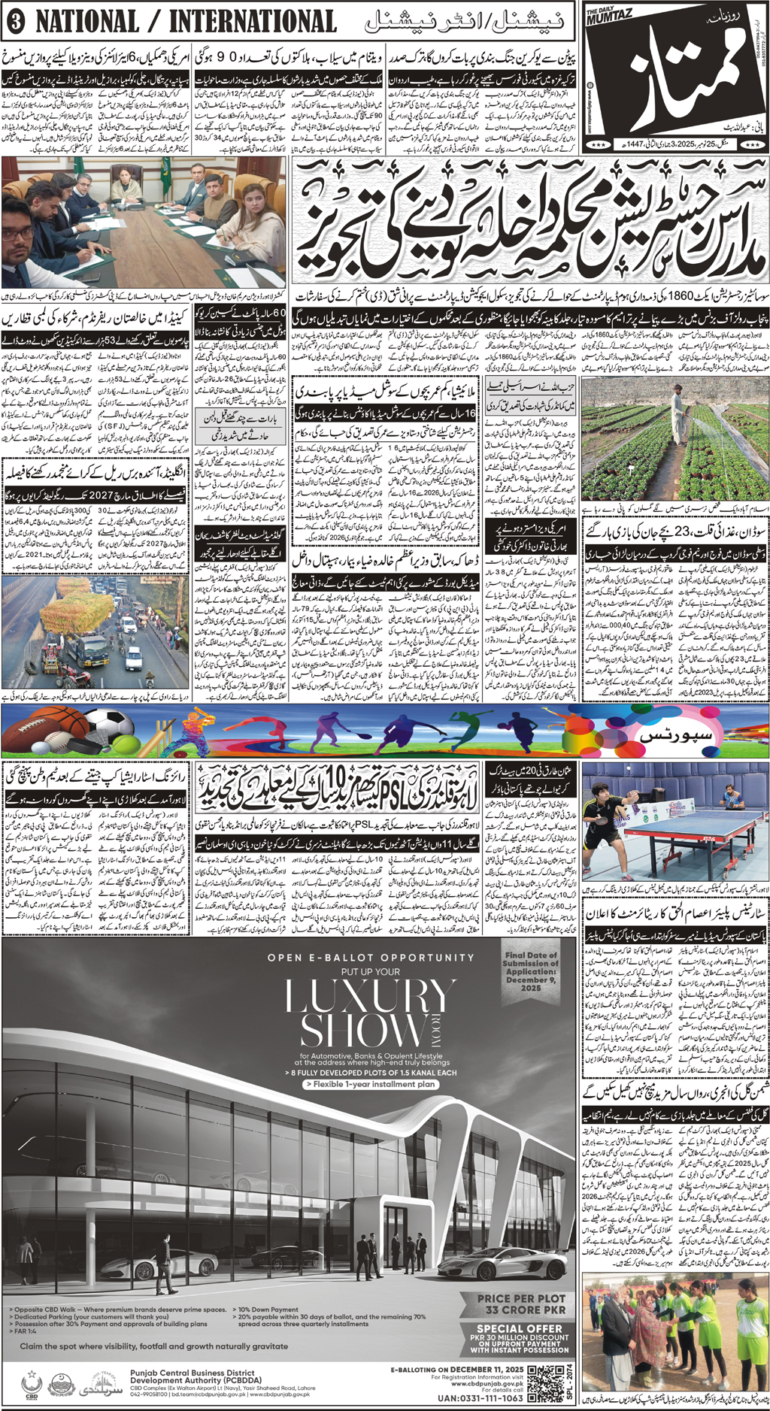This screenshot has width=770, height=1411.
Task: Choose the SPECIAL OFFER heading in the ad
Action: [520, 1328]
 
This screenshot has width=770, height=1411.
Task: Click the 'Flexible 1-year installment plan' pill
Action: [369, 1085]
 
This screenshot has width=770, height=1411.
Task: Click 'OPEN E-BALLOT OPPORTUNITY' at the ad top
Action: [371, 957]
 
